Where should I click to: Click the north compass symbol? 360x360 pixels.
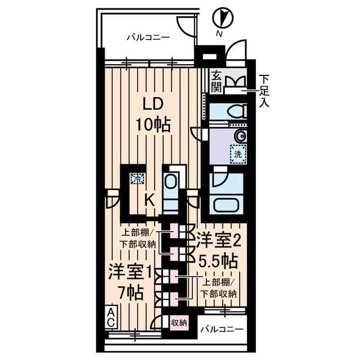coord(223,18)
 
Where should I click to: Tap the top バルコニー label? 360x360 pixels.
coord(147,38)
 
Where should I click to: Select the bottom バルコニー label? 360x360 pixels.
coord(223,328)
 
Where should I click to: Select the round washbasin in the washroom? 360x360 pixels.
coord(240,136)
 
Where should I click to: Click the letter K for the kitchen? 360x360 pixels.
coord(149,199)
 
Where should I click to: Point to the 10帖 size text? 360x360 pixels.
coord(152,125)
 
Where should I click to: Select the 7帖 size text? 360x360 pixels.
coord(130,292)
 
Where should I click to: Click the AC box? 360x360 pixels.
coord(111,318)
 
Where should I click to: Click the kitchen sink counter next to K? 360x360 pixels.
coord(171,189)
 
